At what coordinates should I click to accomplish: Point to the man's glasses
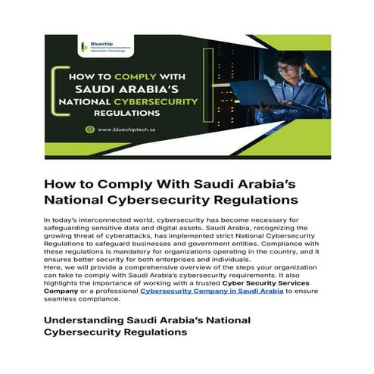point(286,67)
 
